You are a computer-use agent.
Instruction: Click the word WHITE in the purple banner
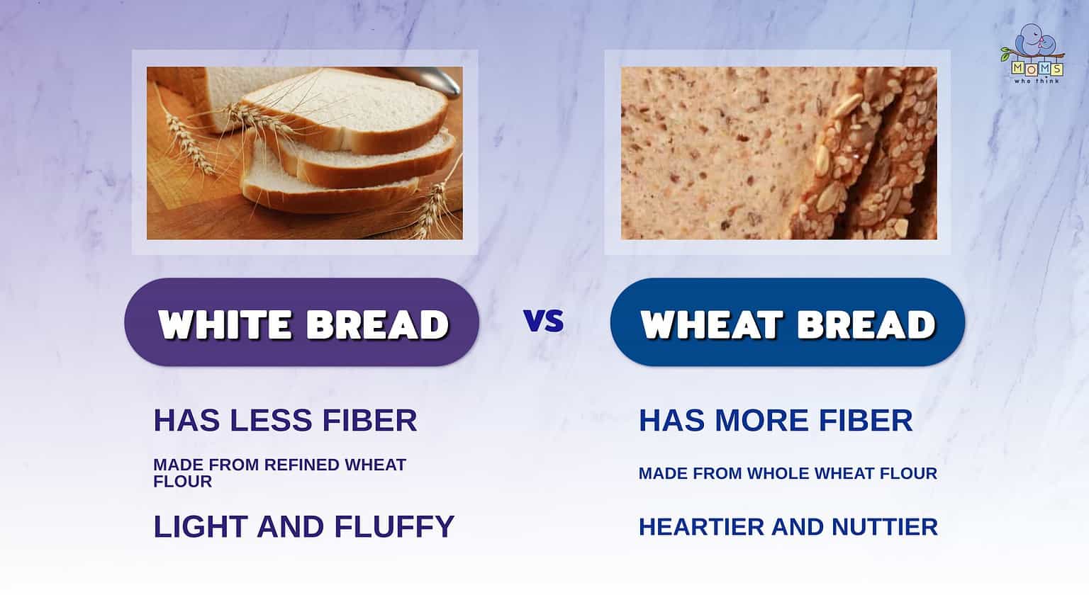[x=225, y=324]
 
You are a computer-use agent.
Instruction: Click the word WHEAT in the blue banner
[x=710, y=324]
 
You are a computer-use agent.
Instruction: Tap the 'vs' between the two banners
[x=544, y=321]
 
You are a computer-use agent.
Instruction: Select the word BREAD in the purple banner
[x=377, y=324]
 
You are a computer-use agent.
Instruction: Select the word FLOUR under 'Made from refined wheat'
[x=182, y=482]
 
